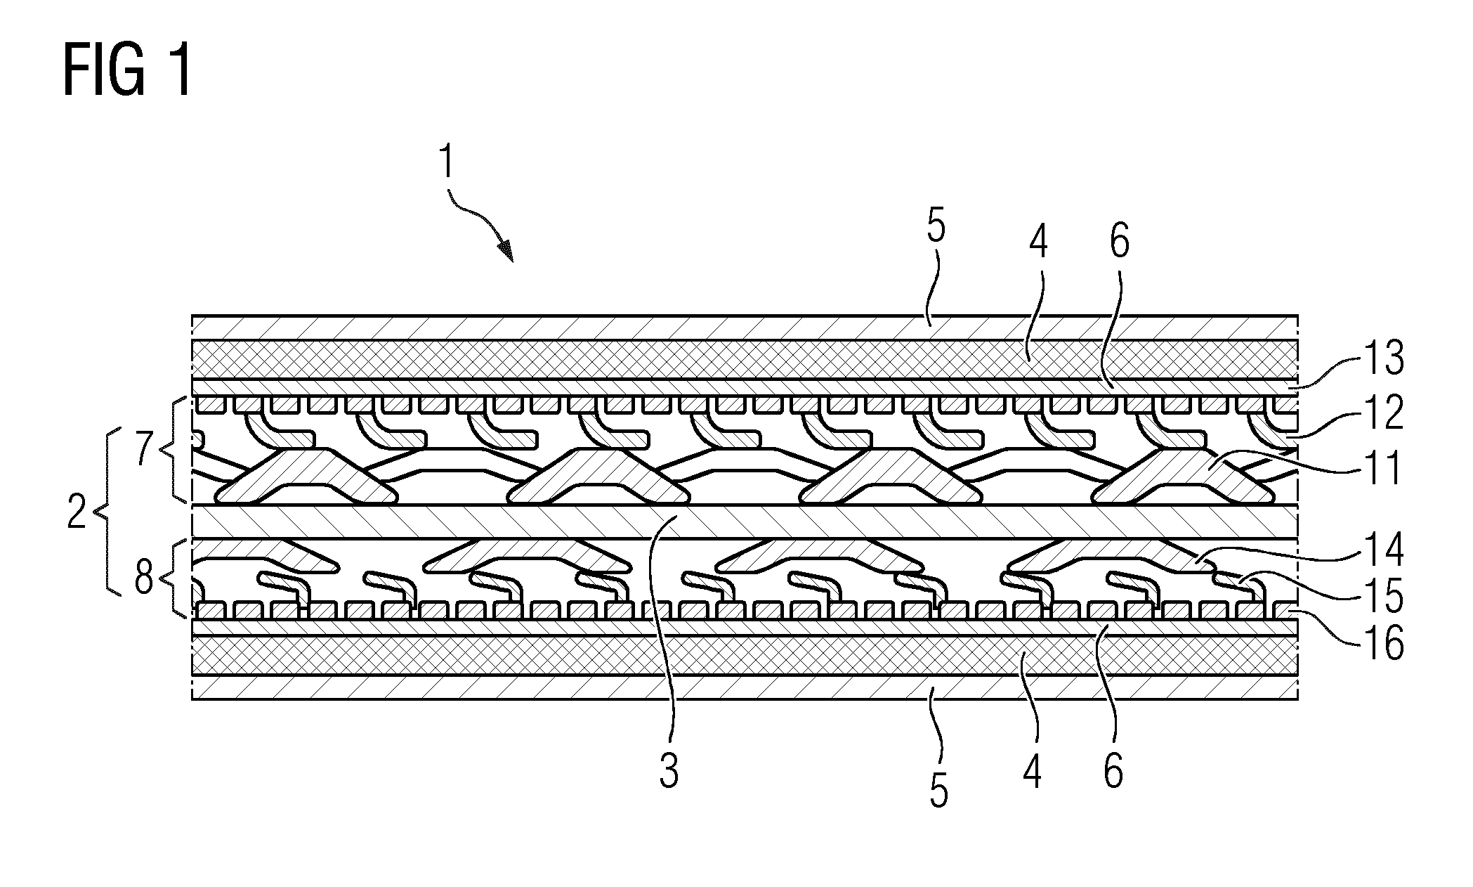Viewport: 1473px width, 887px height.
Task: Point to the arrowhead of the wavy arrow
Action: [505, 251]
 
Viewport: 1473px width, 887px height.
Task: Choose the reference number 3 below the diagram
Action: [669, 770]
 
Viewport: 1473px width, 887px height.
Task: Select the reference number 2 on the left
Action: [76, 514]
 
